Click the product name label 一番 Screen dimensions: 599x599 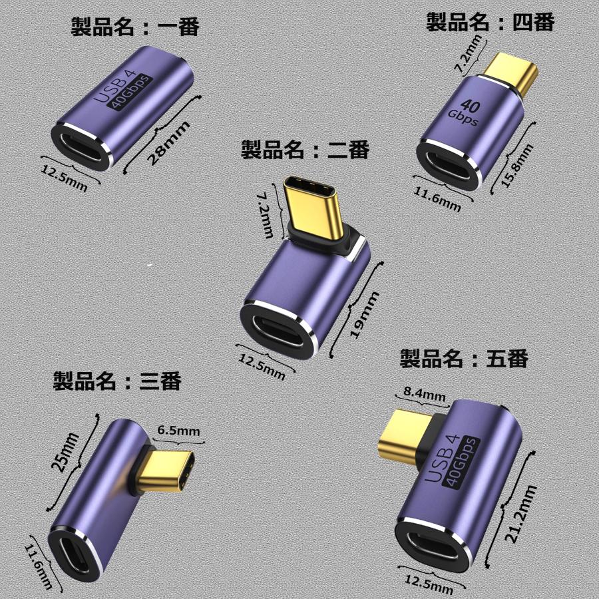click(x=135, y=27)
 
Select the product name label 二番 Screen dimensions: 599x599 click(x=305, y=150)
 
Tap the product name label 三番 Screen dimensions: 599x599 click(x=117, y=381)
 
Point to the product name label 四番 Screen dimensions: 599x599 click(x=490, y=23)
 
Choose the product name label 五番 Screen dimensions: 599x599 click(x=464, y=359)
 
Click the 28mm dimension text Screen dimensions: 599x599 click(x=167, y=142)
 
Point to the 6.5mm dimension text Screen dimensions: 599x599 click(x=178, y=431)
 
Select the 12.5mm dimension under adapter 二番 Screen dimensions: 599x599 click(x=261, y=367)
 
